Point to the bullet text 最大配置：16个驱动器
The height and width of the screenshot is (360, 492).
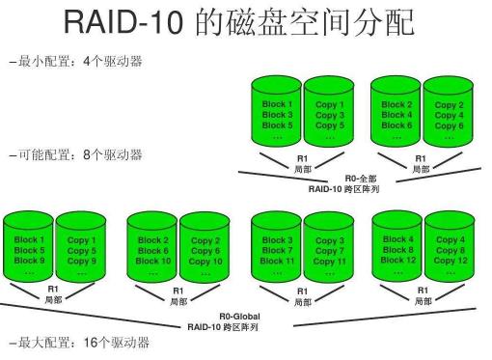click(78, 343)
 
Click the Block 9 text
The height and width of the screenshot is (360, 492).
click(28, 261)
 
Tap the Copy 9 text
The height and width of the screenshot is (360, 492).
click(81, 261)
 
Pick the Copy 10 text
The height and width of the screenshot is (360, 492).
click(205, 261)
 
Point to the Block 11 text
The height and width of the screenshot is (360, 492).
click(277, 261)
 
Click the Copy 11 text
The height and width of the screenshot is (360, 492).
click(329, 261)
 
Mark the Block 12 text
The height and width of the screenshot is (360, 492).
click(397, 260)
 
